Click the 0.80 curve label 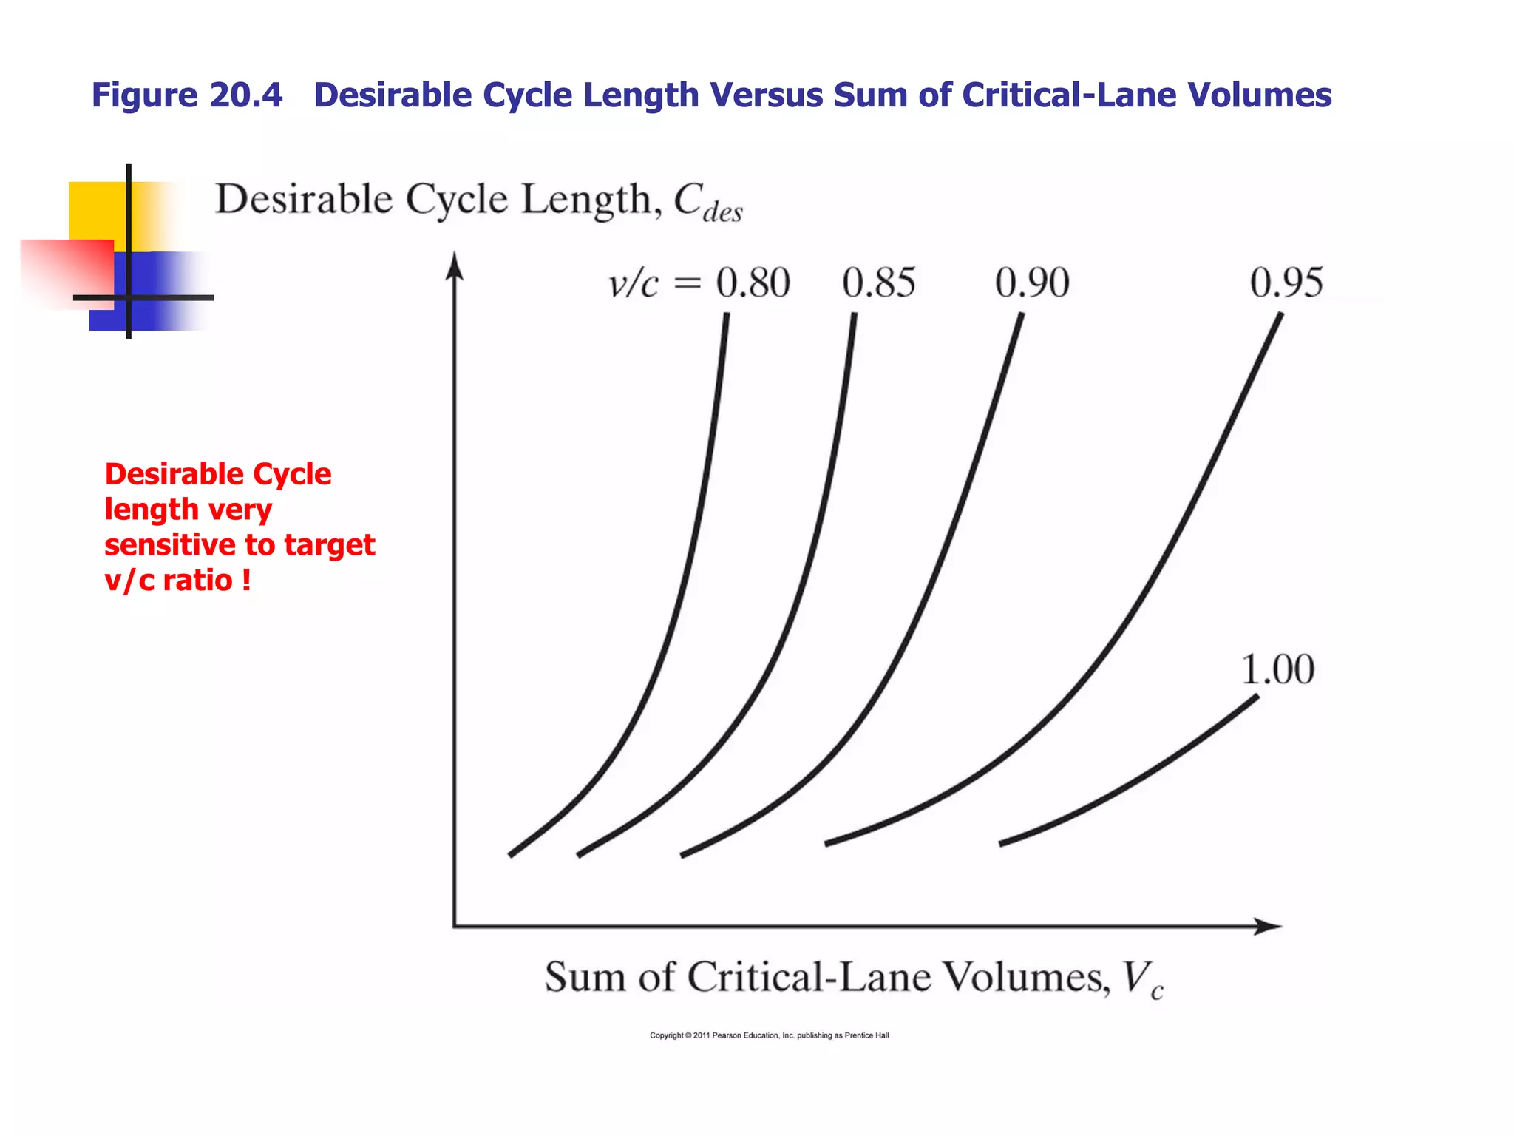click(753, 283)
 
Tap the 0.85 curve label click(879, 283)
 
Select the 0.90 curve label click(1032, 283)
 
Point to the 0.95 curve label click(1286, 283)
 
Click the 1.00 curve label click(1277, 670)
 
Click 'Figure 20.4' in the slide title click(187, 95)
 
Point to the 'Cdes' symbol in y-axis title click(707, 202)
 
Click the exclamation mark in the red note click(246, 580)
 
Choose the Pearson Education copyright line click(769, 1035)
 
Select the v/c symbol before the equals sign click(633, 284)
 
